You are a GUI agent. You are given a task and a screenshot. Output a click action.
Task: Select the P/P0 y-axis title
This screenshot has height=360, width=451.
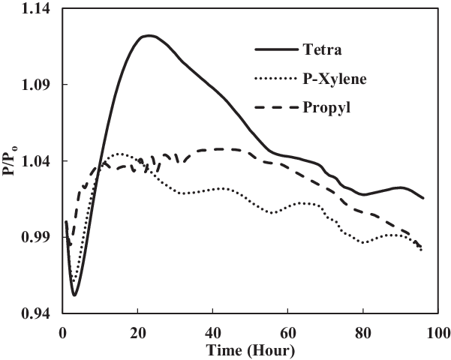[10, 161]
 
